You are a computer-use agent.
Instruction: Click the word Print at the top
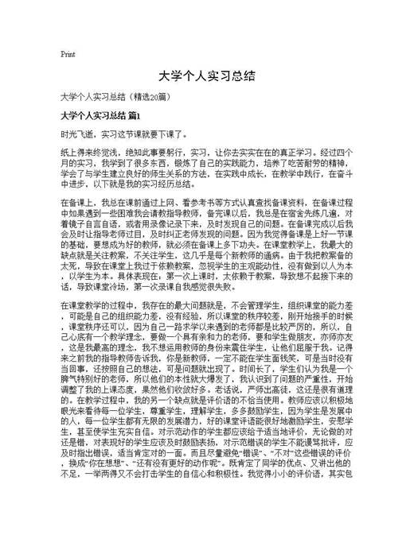point(68,54)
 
